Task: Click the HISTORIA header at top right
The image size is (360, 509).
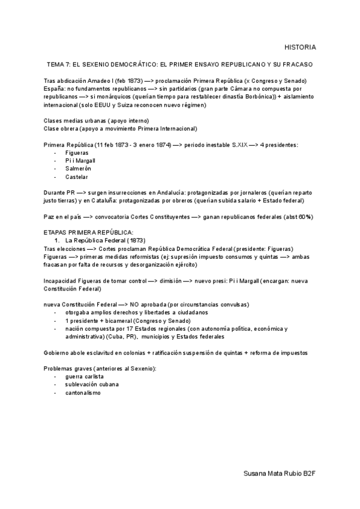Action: [x=300, y=47]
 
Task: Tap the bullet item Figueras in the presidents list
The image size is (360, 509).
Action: [x=77, y=154]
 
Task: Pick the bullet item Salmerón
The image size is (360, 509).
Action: [x=78, y=169]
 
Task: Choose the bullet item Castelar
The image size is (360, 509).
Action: [x=76, y=177]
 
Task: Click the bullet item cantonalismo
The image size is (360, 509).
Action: [x=83, y=392]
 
